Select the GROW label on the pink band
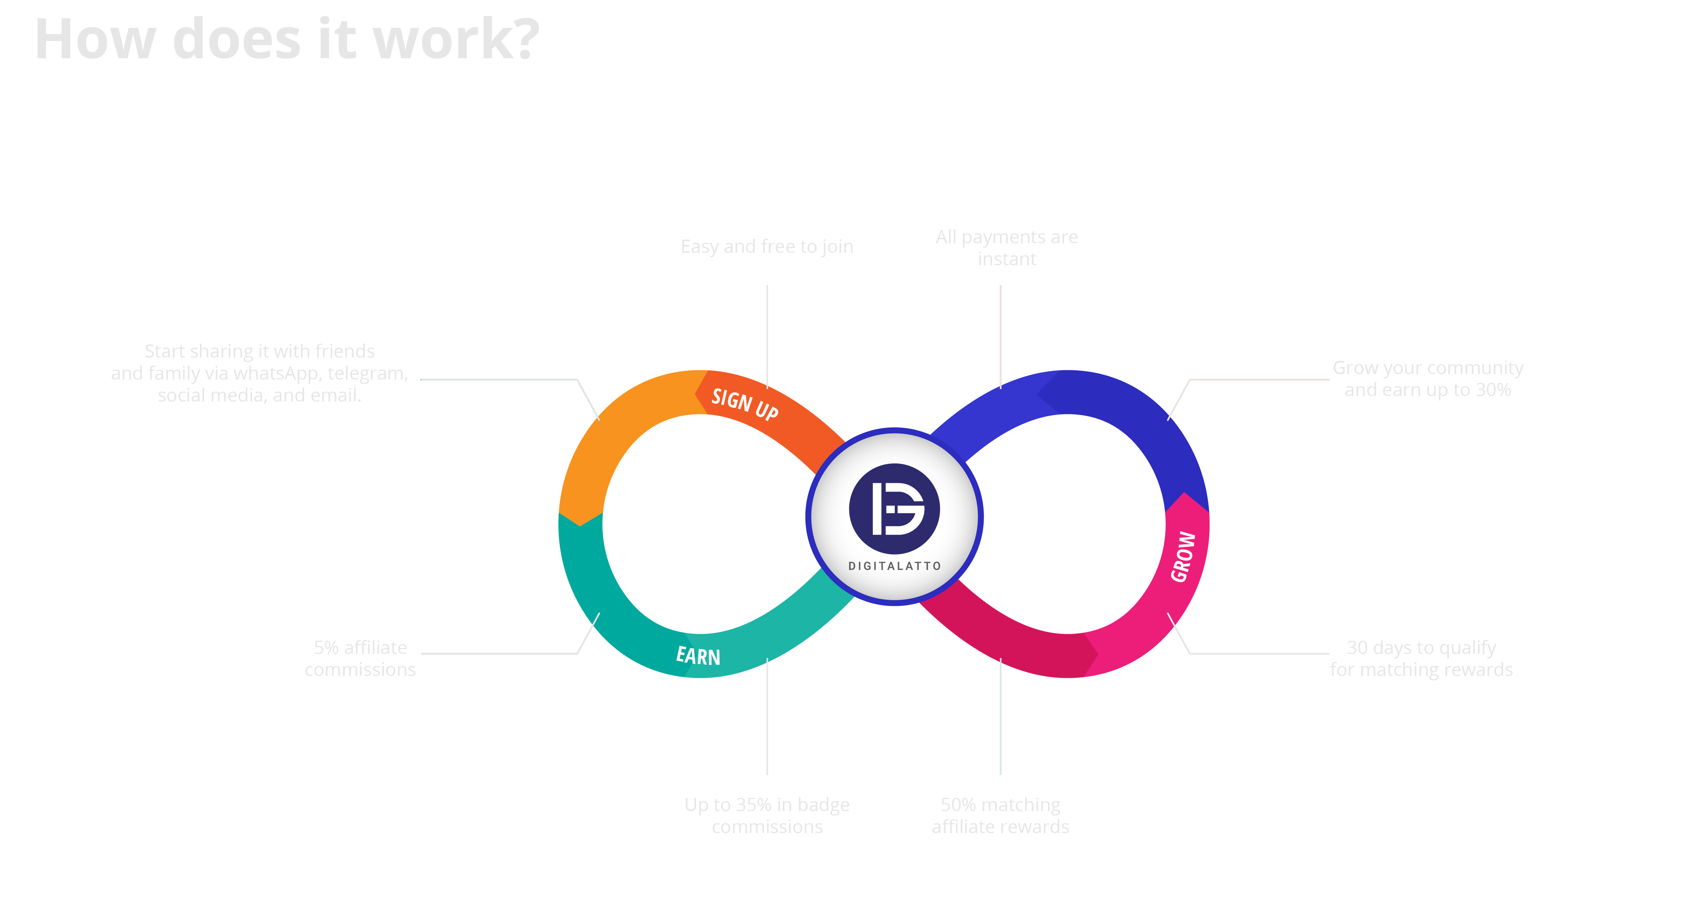pyautogui.click(x=1183, y=557)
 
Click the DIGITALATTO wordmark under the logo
pyautogui.click(x=894, y=566)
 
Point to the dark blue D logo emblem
pyautogui.click(x=894, y=509)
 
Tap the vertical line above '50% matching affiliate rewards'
pyautogui.click(x=1001, y=715)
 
